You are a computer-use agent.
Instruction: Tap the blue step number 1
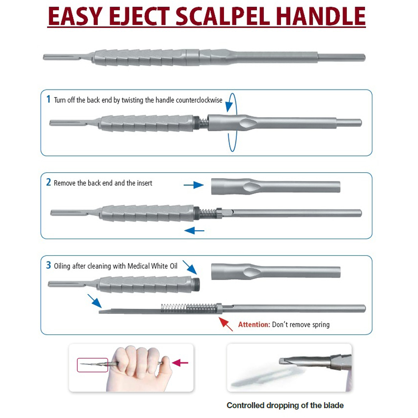pos(48,99)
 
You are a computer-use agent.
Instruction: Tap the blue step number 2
pos(48,182)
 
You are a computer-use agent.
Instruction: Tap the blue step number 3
pos(48,265)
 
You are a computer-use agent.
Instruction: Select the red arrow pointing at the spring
pos(226,324)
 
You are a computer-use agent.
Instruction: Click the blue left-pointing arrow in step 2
pos(195,229)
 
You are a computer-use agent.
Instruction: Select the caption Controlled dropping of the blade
pos(285,405)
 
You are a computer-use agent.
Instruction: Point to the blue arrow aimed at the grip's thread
pos(190,267)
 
